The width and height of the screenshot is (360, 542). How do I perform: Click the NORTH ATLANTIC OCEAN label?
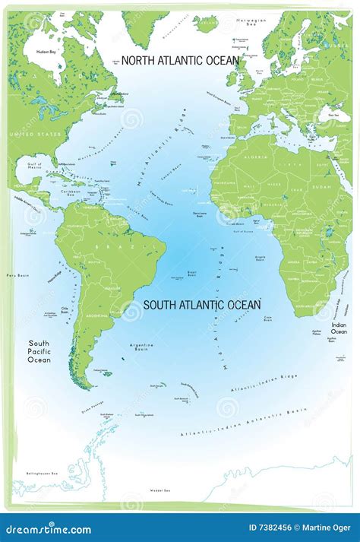(180, 60)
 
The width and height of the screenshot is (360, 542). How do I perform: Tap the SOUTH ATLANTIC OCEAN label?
(202, 305)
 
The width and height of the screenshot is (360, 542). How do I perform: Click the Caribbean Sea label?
(73, 193)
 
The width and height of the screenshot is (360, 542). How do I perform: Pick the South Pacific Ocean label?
(39, 351)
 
